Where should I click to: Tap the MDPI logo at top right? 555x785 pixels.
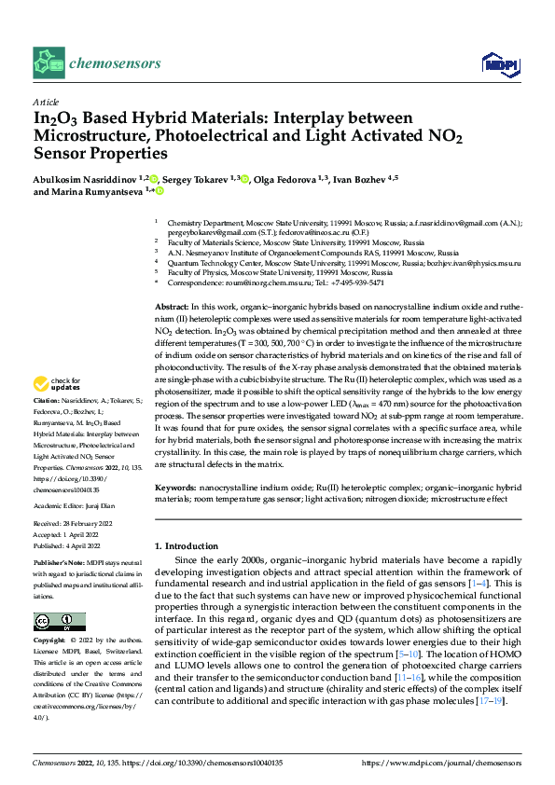497,62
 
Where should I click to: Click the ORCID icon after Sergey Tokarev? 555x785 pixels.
245,178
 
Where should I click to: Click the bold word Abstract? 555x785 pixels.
172,307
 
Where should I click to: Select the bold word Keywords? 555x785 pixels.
175,487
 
